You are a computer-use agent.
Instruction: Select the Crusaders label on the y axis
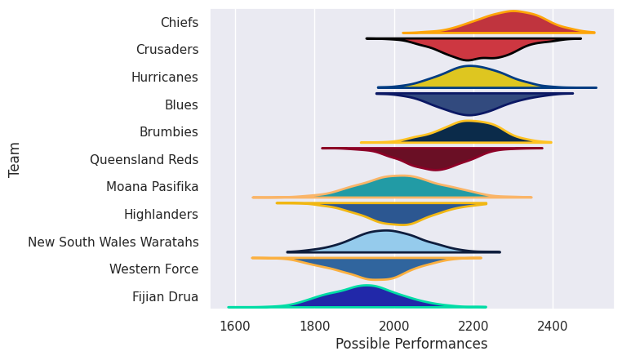pos(167,50)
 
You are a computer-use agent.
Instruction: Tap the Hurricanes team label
pos(164,78)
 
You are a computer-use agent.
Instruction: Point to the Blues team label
pos(181,104)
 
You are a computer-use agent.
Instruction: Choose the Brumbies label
pos(170,132)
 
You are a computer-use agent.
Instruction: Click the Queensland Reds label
pos(144,159)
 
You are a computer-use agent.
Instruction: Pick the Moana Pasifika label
pos(152,187)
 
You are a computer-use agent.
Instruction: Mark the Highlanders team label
pos(161,215)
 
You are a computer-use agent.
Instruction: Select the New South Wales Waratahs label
pos(113,242)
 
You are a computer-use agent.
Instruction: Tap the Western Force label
pos(153,269)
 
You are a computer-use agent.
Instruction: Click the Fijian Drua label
pos(165,297)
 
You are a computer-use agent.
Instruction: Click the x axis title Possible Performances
pos(411,344)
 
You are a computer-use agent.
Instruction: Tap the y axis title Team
pos(15,159)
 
